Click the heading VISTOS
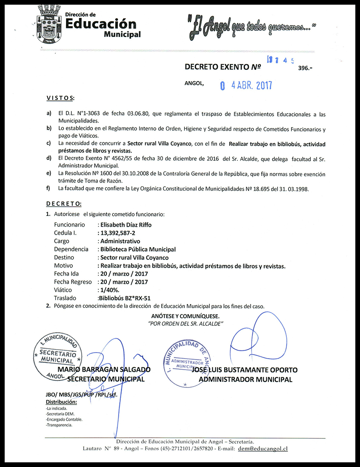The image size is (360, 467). click(x=60, y=99)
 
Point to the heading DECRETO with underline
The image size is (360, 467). click(x=64, y=204)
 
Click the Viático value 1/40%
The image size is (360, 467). click(x=109, y=290)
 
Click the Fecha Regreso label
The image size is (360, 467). click(x=73, y=282)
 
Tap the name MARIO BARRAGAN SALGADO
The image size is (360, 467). click(x=104, y=370)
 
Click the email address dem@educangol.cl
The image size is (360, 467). click(x=263, y=449)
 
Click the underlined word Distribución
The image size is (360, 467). click(x=61, y=402)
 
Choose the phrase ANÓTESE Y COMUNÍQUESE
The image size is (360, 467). click(x=186, y=316)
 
